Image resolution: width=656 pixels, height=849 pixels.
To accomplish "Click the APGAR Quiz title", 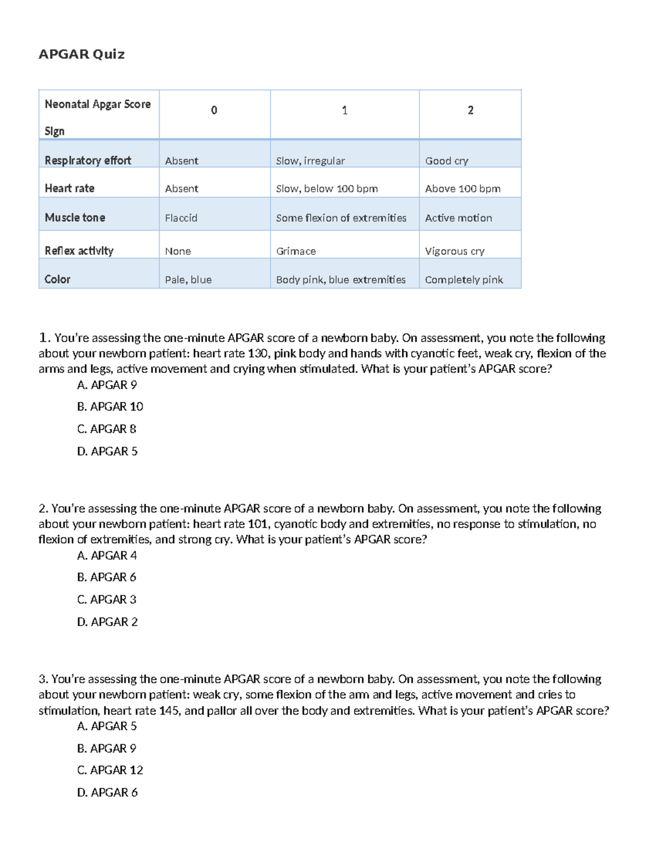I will [81, 54].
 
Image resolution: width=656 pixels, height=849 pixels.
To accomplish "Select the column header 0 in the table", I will [214, 110].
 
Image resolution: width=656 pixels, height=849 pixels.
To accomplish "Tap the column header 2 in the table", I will [470, 110].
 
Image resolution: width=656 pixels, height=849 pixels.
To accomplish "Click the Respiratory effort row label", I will [88, 160].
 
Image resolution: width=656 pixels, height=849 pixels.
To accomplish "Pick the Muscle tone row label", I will [75, 218].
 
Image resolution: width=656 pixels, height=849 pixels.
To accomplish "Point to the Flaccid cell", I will [181, 218].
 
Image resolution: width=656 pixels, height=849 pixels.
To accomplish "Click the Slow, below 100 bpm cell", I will [326, 189].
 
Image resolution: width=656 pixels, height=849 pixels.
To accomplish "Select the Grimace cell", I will [296, 251].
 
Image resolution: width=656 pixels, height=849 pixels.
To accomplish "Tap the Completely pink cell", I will [464, 280].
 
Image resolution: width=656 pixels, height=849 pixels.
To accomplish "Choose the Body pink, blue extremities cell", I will [341, 280].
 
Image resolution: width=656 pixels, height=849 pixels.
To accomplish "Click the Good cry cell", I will [447, 161].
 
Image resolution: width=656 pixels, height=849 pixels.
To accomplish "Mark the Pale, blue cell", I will [188, 280].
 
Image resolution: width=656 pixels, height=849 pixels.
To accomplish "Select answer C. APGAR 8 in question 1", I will [107, 429].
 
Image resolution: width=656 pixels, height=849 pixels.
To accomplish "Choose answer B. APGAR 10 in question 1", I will [110, 407].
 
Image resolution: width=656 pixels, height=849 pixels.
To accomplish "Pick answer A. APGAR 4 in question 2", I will [107, 555].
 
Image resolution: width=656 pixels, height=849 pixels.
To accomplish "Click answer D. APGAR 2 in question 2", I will [107, 622].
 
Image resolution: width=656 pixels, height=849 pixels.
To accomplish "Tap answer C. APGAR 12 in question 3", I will [110, 770].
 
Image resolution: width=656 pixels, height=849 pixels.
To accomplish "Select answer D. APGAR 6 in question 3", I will [107, 793].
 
